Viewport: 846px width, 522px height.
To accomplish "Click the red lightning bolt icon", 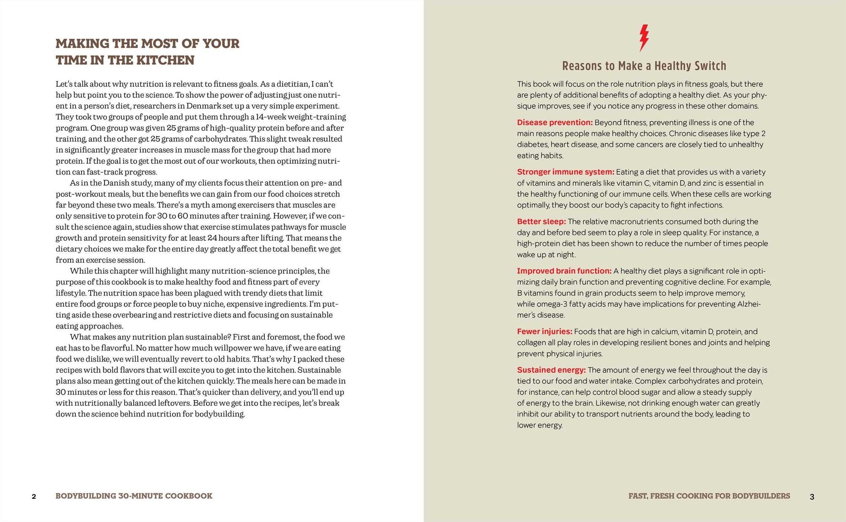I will (x=643, y=38).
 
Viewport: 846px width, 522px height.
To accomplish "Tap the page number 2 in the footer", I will (x=34, y=497).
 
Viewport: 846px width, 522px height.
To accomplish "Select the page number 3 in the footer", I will (x=812, y=497).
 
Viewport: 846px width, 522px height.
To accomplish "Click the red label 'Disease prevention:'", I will (x=555, y=123).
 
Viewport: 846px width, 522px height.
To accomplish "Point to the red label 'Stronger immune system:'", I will (x=565, y=172).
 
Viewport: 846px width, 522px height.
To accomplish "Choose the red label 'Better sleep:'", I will (x=541, y=221).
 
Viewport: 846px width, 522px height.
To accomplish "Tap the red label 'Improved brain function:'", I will (x=564, y=271).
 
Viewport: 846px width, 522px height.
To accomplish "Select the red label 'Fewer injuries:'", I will (x=544, y=331).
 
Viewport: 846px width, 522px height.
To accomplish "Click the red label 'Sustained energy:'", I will (x=551, y=370).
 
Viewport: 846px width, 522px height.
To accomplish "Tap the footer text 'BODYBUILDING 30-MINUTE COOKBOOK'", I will (x=134, y=496).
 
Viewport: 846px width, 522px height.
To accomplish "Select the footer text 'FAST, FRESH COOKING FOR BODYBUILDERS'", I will (x=709, y=496).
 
